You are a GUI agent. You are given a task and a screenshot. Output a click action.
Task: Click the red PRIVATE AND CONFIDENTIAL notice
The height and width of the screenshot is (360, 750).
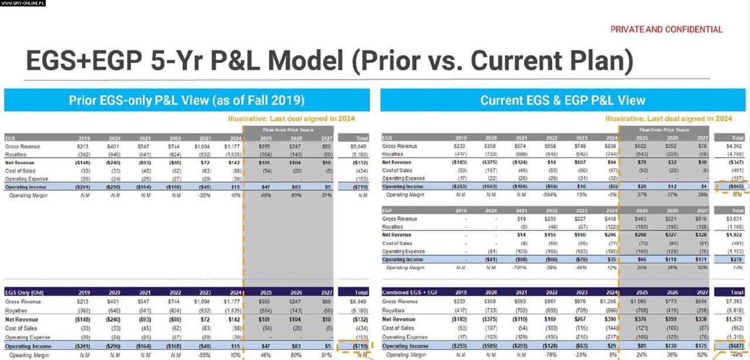tap(666, 29)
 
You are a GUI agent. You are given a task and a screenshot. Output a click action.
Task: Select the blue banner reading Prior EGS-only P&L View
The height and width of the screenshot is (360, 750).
tap(186, 100)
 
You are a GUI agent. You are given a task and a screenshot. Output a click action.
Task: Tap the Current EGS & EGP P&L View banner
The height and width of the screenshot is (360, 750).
tap(562, 100)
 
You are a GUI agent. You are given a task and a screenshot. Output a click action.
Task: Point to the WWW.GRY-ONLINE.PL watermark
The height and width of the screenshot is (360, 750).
tap(23, 4)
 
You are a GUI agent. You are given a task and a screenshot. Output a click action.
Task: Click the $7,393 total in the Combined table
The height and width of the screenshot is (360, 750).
tap(736, 301)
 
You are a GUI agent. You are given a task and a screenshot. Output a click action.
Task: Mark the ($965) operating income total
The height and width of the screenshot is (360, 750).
tap(736, 186)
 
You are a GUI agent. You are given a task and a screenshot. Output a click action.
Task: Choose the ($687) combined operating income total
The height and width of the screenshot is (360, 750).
tap(735, 346)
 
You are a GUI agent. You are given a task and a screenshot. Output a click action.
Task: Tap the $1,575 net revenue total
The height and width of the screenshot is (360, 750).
tap(736, 320)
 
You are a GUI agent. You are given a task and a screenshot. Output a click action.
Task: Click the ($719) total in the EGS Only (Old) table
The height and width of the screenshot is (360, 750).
tap(359, 346)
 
